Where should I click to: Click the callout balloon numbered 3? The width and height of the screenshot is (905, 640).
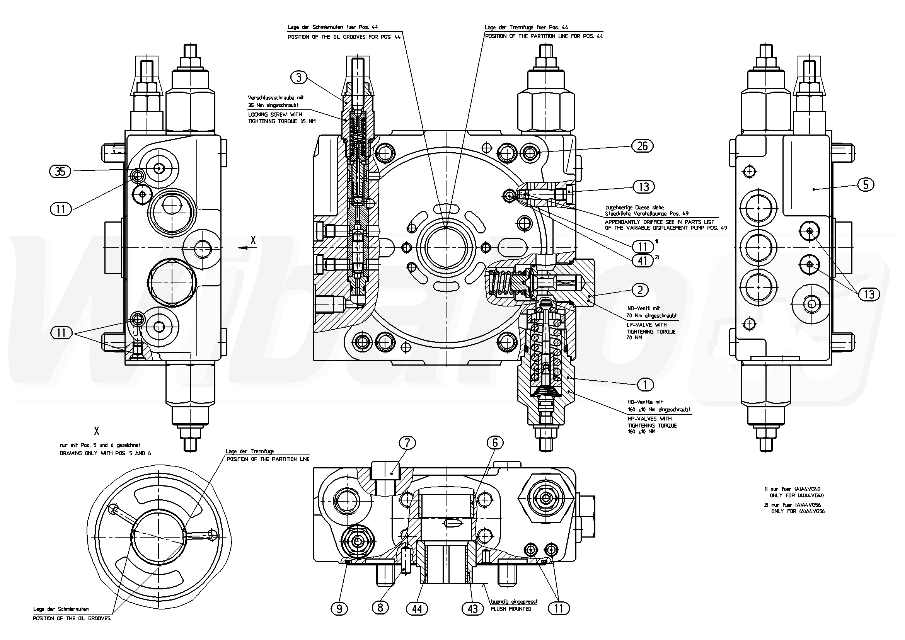tap(299, 78)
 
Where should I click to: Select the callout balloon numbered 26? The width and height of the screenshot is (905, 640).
tap(642, 146)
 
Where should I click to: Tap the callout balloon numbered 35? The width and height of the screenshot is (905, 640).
tap(60, 172)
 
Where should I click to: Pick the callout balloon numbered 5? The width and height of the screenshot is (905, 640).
tap(866, 184)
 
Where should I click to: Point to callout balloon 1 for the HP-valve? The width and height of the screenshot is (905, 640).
tap(645, 384)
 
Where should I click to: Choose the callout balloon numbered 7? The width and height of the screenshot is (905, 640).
tap(407, 443)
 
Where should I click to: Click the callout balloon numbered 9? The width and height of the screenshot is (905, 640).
tap(339, 609)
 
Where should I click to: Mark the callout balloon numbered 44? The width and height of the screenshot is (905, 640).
tap(417, 609)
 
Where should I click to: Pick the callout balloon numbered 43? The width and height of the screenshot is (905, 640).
tap(472, 609)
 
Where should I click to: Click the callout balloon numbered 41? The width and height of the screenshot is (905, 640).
tap(643, 261)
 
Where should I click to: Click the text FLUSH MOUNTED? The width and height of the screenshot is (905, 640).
tap(511, 609)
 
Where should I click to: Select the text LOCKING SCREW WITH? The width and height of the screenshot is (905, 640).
tap(275, 115)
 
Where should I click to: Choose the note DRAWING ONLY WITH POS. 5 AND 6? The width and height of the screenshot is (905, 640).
tap(105, 453)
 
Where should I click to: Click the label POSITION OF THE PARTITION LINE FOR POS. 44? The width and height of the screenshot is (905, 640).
tap(544, 36)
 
